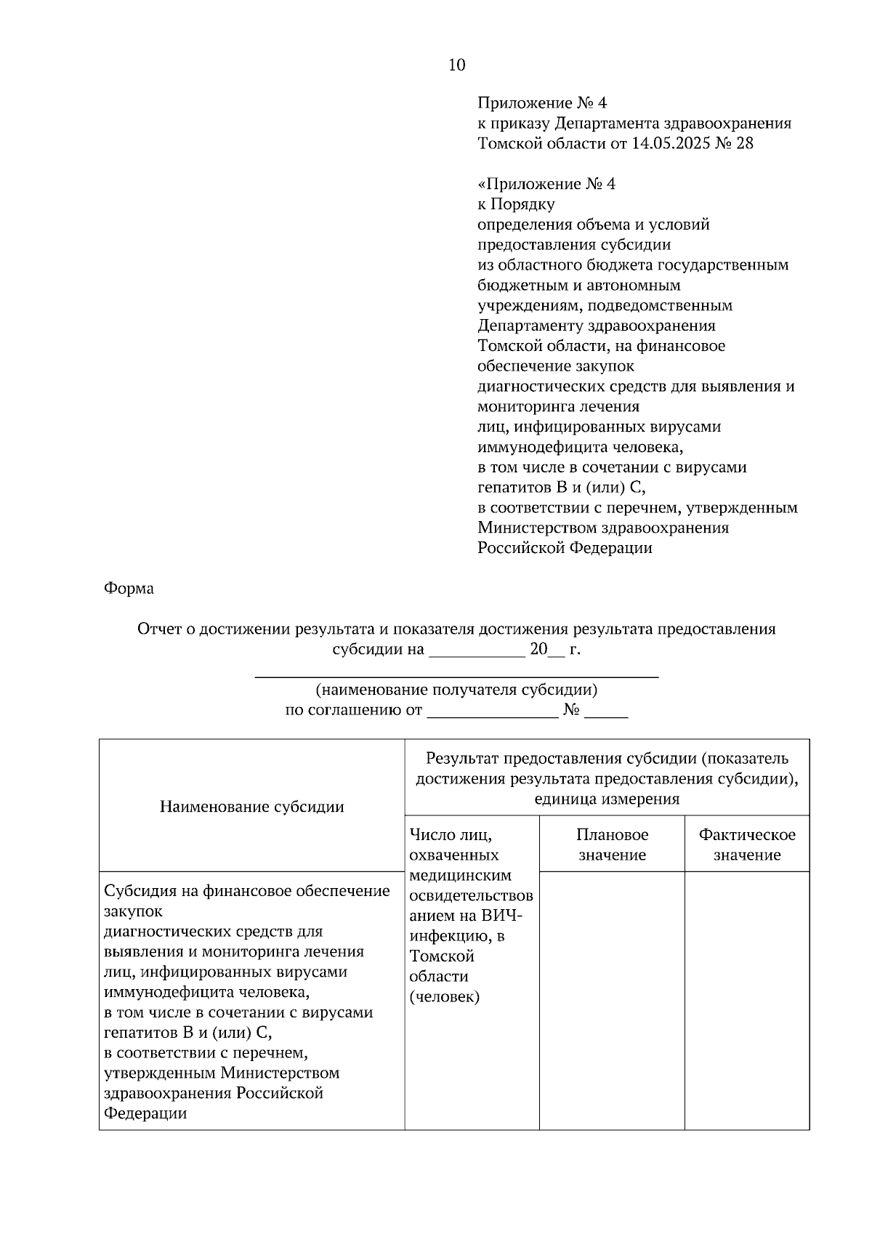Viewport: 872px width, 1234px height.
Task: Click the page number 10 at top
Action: [x=456, y=65]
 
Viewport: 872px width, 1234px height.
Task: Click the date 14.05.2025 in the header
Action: [x=671, y=143]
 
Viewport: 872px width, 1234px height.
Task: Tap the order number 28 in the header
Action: [x=744, y=143]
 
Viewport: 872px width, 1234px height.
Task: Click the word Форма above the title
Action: [x=129, y=589]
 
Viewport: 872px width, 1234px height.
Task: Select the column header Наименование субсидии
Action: [x=251, y=807]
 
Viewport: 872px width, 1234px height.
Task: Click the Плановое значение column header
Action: [x=612, y=844]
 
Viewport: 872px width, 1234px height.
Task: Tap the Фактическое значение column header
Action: [x=746, y=844]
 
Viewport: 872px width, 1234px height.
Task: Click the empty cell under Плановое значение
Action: [x=612, y=999]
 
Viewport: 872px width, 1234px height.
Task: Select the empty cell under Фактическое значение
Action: [x=746, y=999]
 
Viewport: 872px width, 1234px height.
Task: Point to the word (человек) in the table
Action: [x=444, y=997]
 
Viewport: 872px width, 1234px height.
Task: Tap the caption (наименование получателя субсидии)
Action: [x=456, y=690]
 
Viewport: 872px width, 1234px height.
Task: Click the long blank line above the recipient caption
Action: [x=456, y=677]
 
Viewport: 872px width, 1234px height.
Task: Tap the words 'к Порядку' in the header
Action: [x=516, y=204]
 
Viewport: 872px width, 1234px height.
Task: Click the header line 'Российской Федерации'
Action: [x=565, y=549]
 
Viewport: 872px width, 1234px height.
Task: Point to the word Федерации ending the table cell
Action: [x=145, y=1114]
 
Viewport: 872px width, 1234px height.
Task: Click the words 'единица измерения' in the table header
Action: [x=607, y=799]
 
